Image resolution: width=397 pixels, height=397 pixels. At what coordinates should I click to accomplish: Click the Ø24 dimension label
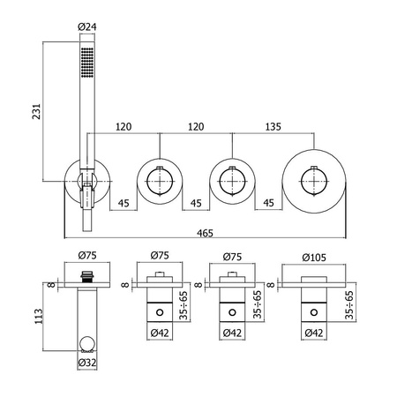[87, 26]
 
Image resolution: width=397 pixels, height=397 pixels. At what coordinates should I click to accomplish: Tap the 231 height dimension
[36, 111]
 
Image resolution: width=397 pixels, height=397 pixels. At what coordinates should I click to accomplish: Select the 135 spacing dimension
[273, 127]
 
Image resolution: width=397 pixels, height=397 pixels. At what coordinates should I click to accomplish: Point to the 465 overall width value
[205, 233]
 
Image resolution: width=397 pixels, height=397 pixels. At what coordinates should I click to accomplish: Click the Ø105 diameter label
[314, 258]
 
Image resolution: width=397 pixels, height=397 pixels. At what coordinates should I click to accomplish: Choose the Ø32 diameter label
[87, 363]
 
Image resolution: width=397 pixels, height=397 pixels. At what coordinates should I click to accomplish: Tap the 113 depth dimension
[39, 316]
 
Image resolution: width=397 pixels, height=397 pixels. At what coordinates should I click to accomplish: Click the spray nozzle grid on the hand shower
[87, 63]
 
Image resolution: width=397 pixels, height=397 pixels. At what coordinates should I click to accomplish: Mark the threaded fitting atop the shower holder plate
[87, 277]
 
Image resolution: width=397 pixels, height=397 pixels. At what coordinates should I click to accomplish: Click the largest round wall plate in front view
[314, 150]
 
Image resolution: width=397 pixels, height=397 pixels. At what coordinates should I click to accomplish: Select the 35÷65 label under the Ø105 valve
[349, 305]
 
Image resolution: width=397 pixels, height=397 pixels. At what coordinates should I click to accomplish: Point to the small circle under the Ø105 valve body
[314, 312]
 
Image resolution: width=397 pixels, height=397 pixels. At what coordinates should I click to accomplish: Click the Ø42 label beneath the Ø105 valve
[314, 333]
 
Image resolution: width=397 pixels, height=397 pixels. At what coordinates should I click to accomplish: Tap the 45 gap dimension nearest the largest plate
[268, 203]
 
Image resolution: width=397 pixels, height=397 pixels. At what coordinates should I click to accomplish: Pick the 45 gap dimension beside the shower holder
[124, 203]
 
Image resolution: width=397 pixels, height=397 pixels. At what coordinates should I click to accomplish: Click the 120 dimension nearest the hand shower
[124, 127]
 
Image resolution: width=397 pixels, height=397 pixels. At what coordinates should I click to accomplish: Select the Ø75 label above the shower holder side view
[87, 255]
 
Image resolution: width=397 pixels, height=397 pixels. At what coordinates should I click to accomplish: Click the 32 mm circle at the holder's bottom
[87, 344]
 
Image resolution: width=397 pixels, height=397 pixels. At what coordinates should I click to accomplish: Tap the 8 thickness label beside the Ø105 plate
[271, 285]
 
